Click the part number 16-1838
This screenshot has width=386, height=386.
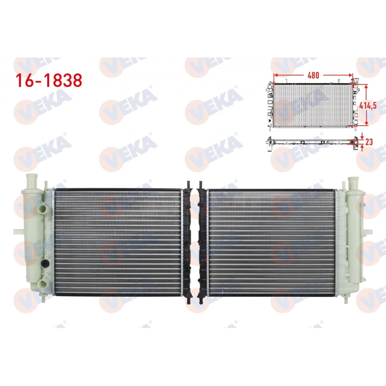(49, 80)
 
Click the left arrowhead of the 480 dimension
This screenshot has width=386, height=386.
(275, 75)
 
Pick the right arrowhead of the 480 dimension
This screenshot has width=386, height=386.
(353, 75)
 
